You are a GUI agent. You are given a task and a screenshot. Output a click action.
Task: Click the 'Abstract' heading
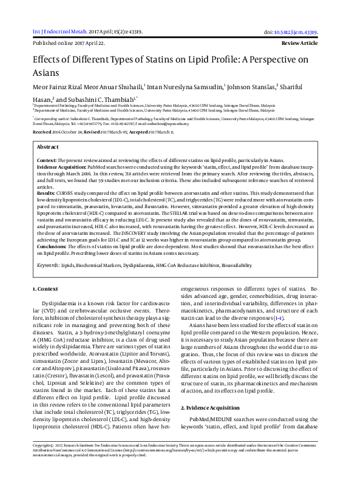[48, 147]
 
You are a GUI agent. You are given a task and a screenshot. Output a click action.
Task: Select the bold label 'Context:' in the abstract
[47, 159]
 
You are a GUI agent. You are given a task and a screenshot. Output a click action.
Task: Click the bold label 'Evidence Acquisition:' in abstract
[61, 165]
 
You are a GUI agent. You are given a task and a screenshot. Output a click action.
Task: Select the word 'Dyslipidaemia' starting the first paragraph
[59, 302]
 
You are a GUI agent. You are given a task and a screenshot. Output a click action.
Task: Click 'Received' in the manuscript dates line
[42, 131]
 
